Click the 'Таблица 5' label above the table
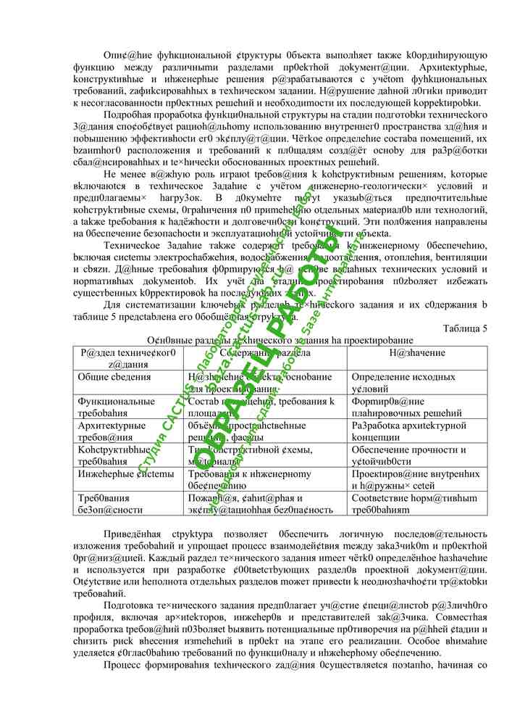point(464,328)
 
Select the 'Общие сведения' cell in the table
point(114,377)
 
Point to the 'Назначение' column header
point(416,352)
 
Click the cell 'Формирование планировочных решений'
point(402,407)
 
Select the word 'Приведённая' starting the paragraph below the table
point(133,534)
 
